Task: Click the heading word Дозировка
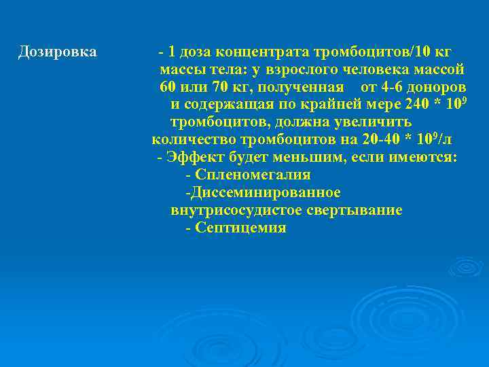58,52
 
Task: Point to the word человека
374,69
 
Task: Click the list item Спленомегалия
252,175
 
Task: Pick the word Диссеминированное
266,193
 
